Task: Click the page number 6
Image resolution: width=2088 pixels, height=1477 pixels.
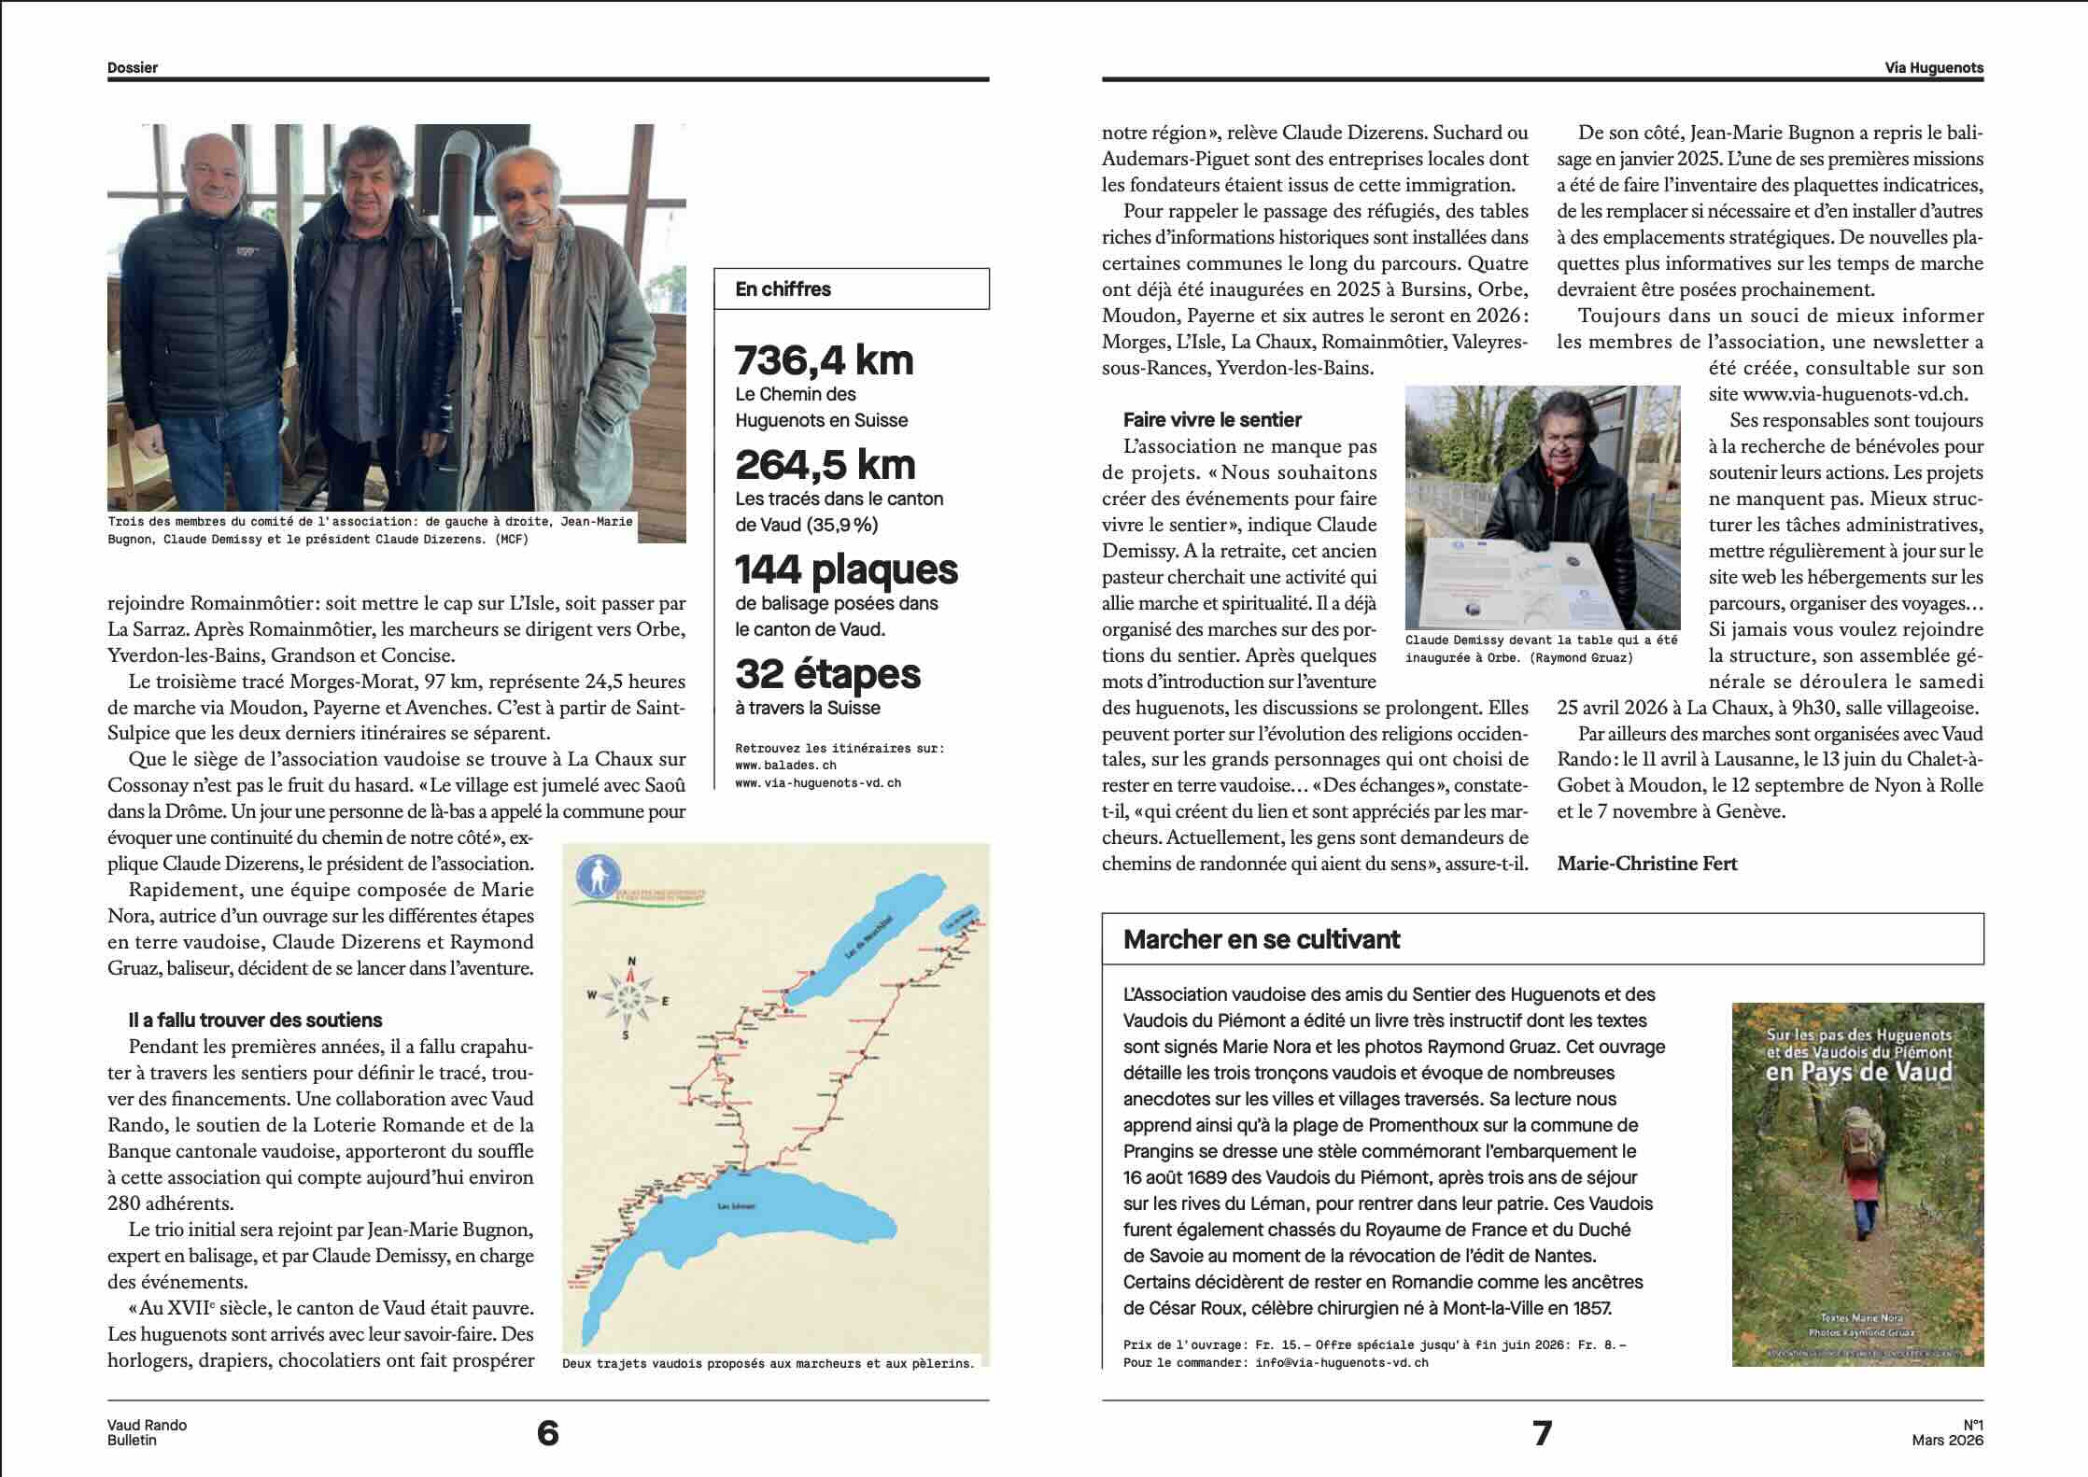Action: (548, 1432)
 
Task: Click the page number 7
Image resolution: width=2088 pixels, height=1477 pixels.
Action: (1543, 1432)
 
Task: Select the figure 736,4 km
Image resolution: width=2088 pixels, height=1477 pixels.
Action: (824, 360)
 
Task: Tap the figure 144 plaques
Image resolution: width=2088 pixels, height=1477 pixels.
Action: (846, 570)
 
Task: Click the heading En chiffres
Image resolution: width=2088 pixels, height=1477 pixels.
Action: (783, 289)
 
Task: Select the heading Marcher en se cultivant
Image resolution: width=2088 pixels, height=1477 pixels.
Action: (1262, 939)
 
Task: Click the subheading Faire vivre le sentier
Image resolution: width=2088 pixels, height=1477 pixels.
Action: (1212, 420)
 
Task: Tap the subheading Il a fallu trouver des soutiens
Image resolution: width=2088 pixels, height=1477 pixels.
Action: (255, 1020)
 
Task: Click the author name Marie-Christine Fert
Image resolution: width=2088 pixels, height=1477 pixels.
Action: (1647, 864)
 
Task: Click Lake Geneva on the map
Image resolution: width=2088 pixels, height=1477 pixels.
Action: (747, 1223)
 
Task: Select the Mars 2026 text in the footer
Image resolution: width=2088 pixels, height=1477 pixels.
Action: (1947, 1440)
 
